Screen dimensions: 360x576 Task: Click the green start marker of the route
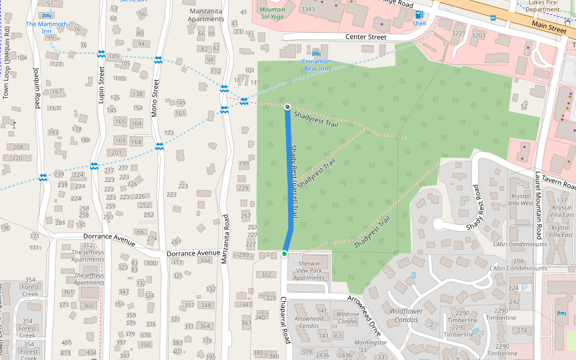[284, 254]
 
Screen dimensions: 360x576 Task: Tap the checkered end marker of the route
[287, 107]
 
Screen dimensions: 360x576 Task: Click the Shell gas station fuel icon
[419, 14]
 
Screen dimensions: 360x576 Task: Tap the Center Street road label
[366, 37]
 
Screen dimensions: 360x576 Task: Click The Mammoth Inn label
[47, 24]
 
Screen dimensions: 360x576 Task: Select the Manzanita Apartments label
[206, 15]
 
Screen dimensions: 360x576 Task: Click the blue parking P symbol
[524, 288]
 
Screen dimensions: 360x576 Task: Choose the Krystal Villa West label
[521, 200]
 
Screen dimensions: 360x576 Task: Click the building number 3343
[308, 9]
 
